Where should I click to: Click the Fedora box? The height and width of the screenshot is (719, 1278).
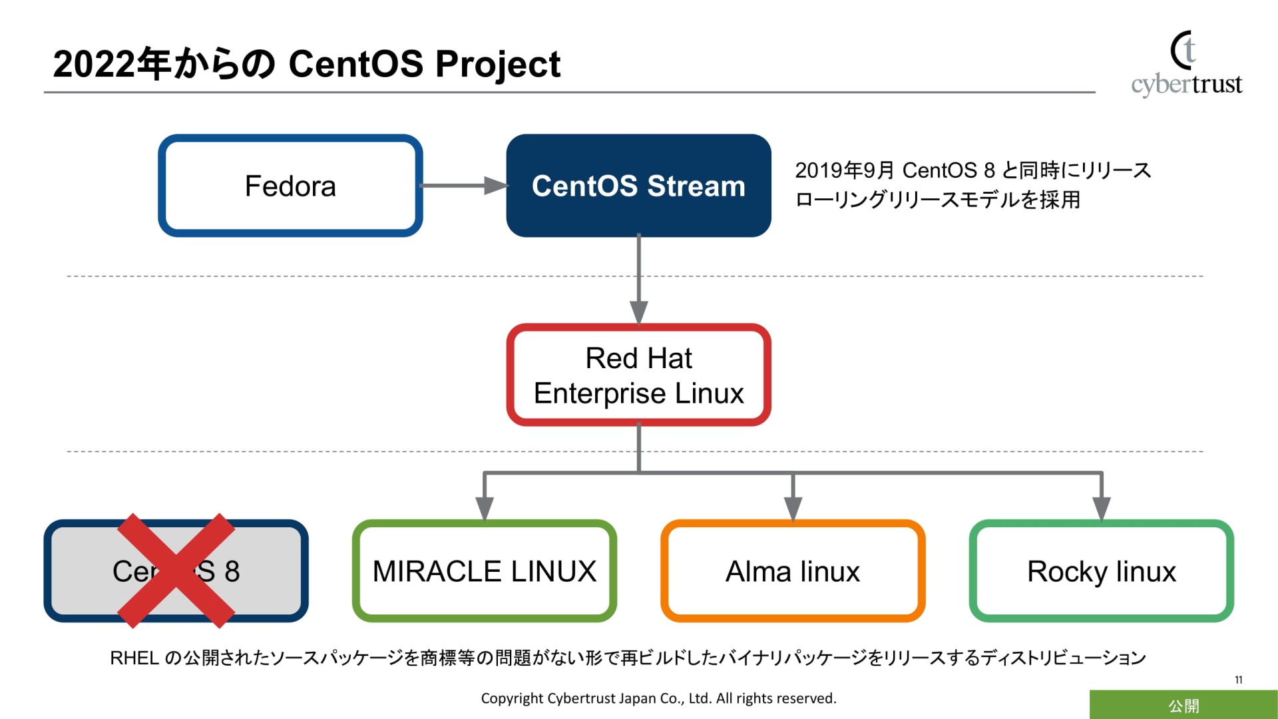[290, 186]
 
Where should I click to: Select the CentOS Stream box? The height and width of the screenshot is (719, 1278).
[638, 186]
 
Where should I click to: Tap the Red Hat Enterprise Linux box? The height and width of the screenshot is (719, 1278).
[638, 375]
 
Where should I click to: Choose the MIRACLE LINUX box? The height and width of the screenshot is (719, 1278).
[484, 571]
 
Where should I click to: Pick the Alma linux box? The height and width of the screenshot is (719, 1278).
[792, 571]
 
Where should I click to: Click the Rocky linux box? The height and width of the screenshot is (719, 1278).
[1101, 571]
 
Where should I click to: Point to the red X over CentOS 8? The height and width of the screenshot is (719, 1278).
[176, 571]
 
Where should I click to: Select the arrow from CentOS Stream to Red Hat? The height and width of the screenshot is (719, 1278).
[638, 280]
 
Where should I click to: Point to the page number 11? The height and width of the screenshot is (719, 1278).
[1238, 680]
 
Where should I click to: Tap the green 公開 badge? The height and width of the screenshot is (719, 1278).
[1183, 705]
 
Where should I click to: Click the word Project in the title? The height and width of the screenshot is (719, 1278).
[498, 65]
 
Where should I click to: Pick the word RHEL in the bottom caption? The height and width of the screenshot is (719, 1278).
[134, 658]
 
